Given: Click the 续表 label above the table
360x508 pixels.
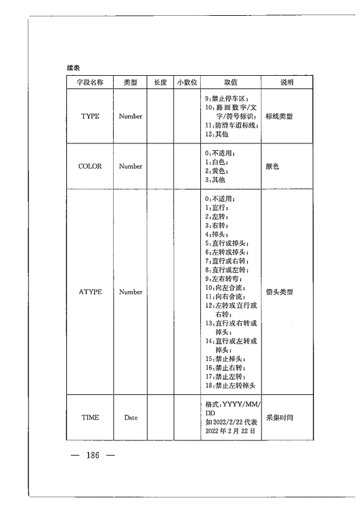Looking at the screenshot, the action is tap(73, 67).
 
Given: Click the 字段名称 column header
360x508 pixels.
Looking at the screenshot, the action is tap(90, 83).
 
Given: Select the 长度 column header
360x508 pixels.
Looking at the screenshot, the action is tap(160, 83).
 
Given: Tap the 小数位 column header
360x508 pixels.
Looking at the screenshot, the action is tap(187, 83).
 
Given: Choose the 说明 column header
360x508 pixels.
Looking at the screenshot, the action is tap(287, 83).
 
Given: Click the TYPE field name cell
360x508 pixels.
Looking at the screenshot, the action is tap(90, 116).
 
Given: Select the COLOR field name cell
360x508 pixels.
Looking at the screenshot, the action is tap(90, 166).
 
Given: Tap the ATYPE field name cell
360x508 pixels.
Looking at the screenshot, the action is tap(90, 292).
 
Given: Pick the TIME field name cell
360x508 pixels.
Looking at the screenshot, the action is tap(90, 418).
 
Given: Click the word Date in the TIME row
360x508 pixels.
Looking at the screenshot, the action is tap(131, 418).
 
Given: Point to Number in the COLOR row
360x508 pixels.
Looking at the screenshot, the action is tap(131, 166).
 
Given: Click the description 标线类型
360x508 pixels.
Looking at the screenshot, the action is tap(279, 116).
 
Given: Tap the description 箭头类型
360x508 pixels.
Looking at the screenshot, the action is tap(279, 292).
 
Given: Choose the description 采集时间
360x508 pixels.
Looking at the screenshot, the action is tap(279, 418).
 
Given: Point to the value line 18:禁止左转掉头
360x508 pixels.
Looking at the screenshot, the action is tap(229, 385).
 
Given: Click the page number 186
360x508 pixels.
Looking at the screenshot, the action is tap(93, 456).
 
